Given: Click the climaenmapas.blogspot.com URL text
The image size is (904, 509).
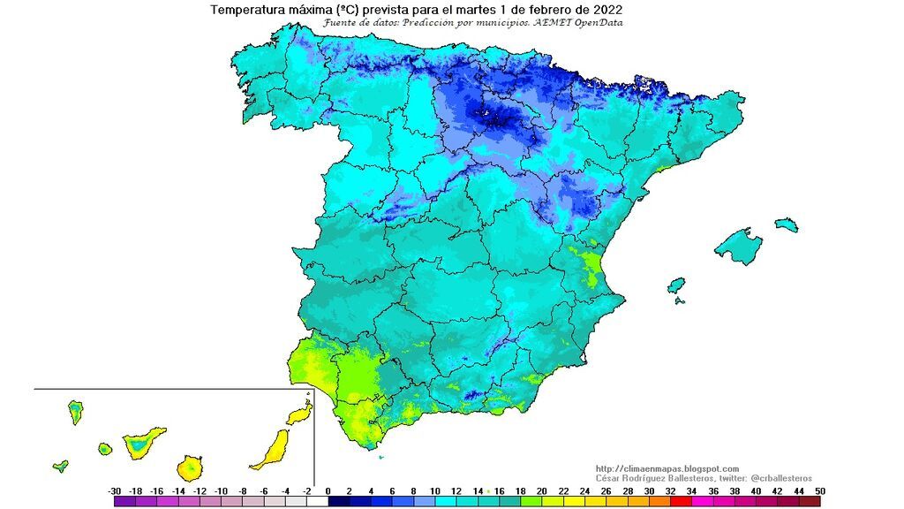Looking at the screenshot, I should tap(667, 468).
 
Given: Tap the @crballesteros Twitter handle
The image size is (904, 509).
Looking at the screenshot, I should tap(779, 477).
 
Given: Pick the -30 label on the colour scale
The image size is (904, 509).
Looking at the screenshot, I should tap(114, 490).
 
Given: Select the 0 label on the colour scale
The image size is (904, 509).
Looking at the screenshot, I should tap(328, 490).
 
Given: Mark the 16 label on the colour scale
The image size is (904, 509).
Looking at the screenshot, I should tap(499, 490).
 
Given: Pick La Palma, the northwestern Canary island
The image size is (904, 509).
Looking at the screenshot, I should tap(76, 411).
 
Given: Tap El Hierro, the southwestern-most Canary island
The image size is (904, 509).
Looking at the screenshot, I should tap(60, 466).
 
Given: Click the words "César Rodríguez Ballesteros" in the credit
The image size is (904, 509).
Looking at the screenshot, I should tap(650, 477).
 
